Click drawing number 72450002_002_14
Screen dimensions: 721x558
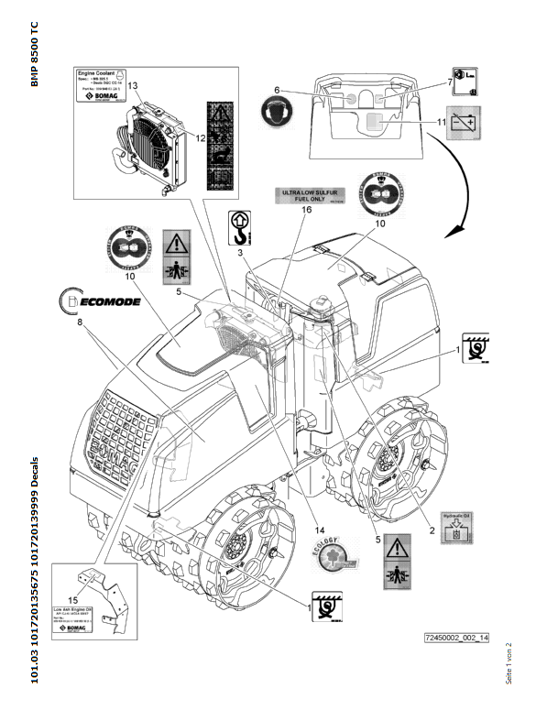tap(456, 637)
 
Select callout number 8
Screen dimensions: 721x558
tap(80, 322)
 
